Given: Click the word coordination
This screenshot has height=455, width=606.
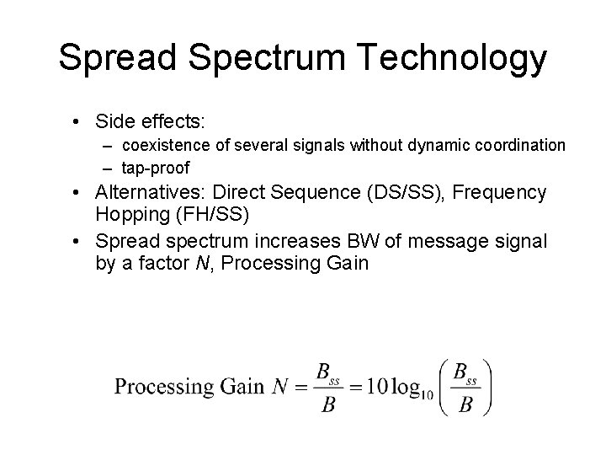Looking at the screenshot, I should pos(523,145).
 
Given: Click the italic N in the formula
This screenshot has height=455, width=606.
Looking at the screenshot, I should pos(283,387).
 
